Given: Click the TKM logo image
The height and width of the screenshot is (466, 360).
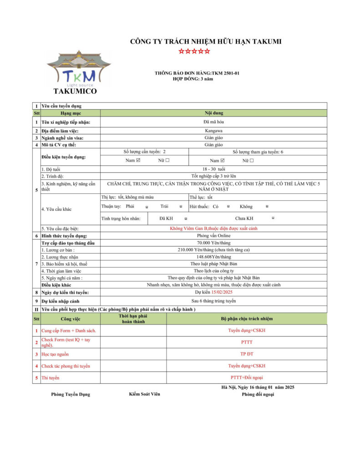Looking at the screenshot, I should point(79,69).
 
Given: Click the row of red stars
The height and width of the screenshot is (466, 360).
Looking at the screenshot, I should point(194,51).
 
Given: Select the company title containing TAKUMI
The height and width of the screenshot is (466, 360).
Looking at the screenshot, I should point(206,41).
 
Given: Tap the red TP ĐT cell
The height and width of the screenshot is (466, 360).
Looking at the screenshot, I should point(246,354).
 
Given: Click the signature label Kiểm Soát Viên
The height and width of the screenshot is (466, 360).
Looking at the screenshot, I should point(144,394).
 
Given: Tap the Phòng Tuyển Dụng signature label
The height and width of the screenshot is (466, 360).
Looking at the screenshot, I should point(71,395).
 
